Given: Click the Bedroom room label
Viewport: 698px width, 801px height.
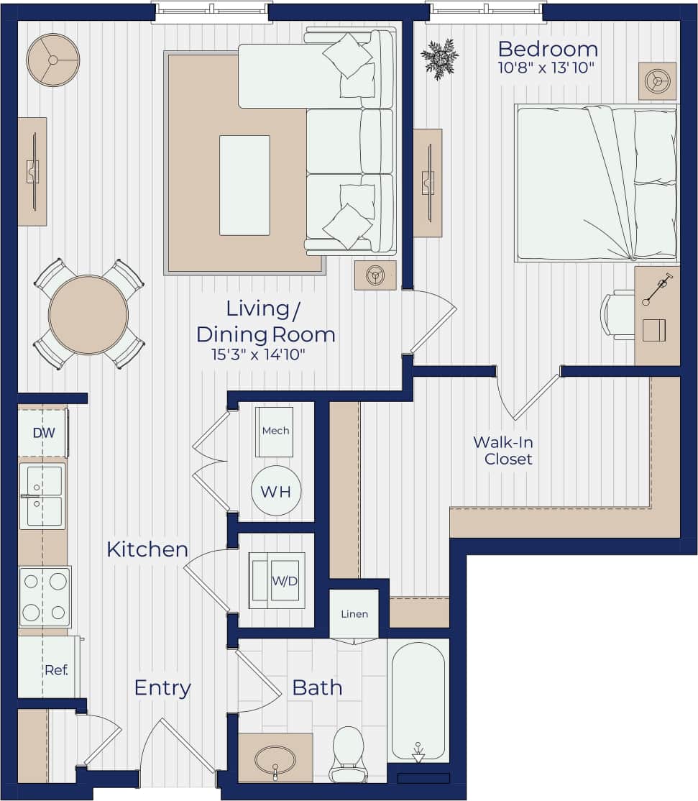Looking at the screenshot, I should (547, 50).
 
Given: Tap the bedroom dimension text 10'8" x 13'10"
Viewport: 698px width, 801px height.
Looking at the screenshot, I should (547, 69).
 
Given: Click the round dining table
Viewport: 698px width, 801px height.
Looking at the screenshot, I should (88, 314).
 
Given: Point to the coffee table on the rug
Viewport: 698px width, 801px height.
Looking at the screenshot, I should (244, 185).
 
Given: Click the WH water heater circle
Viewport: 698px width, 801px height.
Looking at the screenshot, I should (275, 493).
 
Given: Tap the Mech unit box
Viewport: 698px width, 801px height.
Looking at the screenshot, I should (275, 431).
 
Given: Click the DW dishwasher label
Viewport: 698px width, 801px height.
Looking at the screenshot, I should (42, 434).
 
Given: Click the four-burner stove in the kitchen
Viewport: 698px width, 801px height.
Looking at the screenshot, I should (45, 597).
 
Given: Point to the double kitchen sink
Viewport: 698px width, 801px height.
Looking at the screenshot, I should (42, 496).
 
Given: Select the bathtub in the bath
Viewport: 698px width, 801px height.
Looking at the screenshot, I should (418, 700).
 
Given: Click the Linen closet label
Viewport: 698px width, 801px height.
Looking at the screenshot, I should (354, 614).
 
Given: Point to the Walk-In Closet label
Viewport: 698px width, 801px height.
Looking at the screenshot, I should (508, 450).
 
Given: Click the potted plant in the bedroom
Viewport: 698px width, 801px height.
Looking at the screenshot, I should (439, 58).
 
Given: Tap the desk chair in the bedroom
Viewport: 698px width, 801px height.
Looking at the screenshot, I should (617, 314).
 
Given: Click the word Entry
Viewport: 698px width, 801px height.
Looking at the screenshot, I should (162, 688).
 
